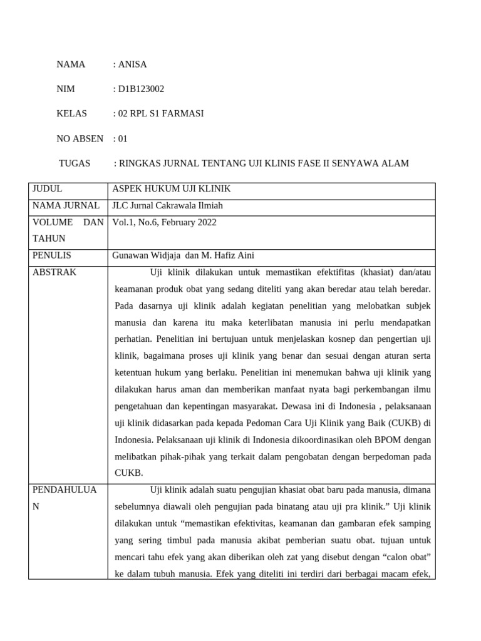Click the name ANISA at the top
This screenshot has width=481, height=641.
[x=132, y=64]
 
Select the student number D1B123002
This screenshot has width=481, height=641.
[x=141, y=89]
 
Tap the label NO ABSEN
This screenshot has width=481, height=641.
[x=80, y=138]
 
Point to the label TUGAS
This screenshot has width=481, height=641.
[x=75, y=163]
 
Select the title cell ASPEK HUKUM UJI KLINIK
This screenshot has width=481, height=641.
[x=172, y=188]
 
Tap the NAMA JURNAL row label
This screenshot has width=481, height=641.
[x=66, y=205]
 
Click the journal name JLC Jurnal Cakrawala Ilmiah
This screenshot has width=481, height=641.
[x=167, y=205]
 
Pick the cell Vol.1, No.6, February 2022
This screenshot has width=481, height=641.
[x=165, y=222]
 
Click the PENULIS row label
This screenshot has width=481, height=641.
[x=52, y=255]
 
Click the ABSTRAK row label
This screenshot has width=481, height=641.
[x=54, y=272]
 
